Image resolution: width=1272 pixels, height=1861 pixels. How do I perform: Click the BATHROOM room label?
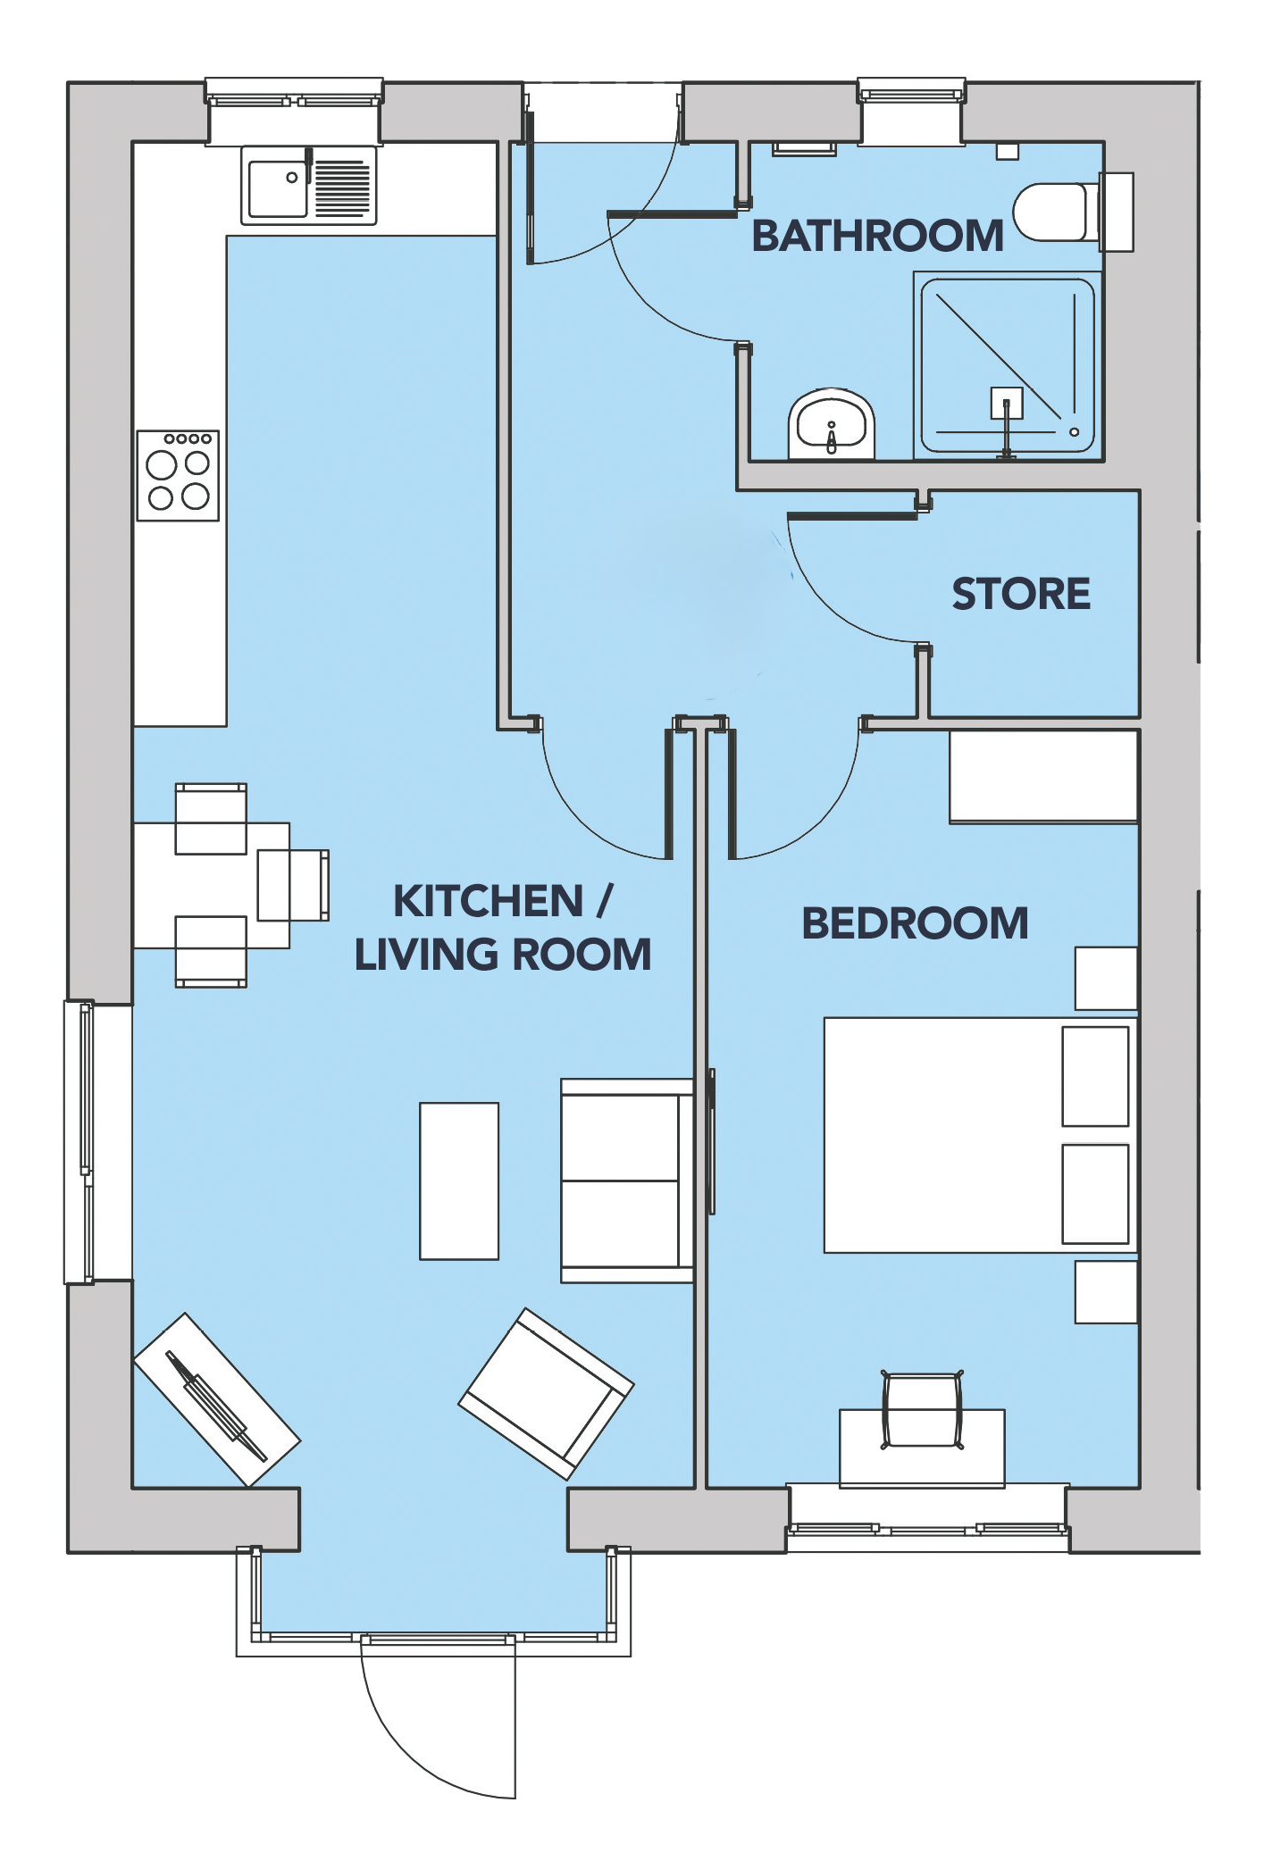pyautogui.click(x=877, y=236)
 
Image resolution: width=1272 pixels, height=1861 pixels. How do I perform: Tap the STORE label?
pyautogui.click(x=1021, y=594)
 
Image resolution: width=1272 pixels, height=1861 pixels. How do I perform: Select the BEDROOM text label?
pyautogui.click(x=915, y=923)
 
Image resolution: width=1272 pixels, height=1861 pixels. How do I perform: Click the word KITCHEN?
pyautogui.click(x=488, y=901)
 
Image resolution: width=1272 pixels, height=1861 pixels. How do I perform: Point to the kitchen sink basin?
pyautogui.click(x=277, y=188)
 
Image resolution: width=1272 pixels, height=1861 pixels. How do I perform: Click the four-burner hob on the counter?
pyautogui.click(x=178, y=475)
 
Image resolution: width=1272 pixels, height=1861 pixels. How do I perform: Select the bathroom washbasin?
pyautogui.click(x=831, y=424)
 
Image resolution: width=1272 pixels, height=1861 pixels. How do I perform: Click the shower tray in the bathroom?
pyautogui.click(x=1008, y=366)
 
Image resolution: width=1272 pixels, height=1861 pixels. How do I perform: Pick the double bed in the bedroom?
pyautogui.click(x=980, y=1135)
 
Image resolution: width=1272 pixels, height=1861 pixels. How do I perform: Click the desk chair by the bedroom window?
pyautogui.click(x=922, y=1411)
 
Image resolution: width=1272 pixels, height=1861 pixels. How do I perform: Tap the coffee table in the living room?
pyautogui.click(x=459, y=1181)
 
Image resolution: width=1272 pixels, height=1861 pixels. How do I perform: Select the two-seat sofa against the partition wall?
pyautogui.click(x=627, y=1181)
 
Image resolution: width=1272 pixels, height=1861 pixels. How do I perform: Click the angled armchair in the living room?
pyautogui.click(x=546, y=1394)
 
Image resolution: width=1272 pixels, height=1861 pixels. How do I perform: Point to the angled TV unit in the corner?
pyautogui.click(x=216, y=1400)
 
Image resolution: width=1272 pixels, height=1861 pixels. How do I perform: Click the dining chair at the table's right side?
pyautogui.click(x=293, y=885)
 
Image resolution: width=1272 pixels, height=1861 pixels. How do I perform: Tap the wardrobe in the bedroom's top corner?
pyautogui.click(x=1043, y=777)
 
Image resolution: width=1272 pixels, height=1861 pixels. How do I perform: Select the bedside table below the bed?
pyautogui.click(x=1106, y=1291)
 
